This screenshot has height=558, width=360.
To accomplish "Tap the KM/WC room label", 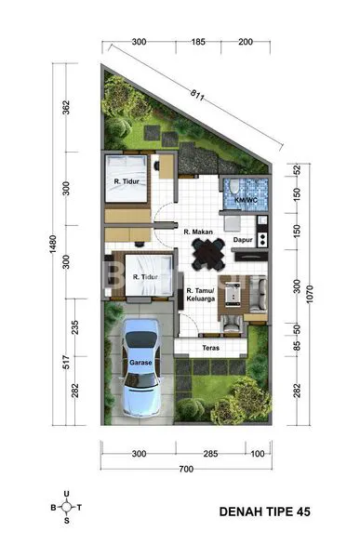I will [246, 199].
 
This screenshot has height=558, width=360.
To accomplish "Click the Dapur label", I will [244, 238].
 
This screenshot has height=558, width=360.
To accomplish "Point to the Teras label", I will [211, 349].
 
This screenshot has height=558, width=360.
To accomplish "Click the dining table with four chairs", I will [207, 251].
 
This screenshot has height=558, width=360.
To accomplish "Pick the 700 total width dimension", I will [186, 471].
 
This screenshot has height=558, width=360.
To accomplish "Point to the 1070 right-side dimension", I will [313, 297].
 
